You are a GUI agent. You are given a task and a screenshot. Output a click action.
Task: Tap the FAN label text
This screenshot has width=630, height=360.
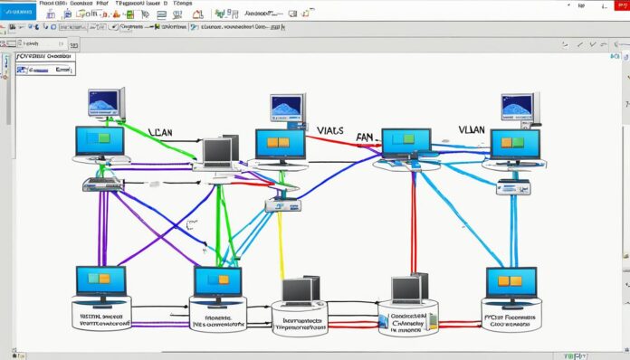[364, 139]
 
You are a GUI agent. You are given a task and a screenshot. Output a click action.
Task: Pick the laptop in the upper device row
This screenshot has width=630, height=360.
[219, 153]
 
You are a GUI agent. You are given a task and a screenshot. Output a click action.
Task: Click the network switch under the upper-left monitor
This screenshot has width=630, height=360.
[101, 184]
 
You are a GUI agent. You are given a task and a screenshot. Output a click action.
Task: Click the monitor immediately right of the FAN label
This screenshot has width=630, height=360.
[406, 144]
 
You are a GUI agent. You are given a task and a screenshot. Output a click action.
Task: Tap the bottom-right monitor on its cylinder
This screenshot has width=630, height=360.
[511, 282]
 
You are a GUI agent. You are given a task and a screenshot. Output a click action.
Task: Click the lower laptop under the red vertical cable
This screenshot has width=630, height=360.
[408, 289]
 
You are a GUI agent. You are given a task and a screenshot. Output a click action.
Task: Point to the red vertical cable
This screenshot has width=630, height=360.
[414, 226]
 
